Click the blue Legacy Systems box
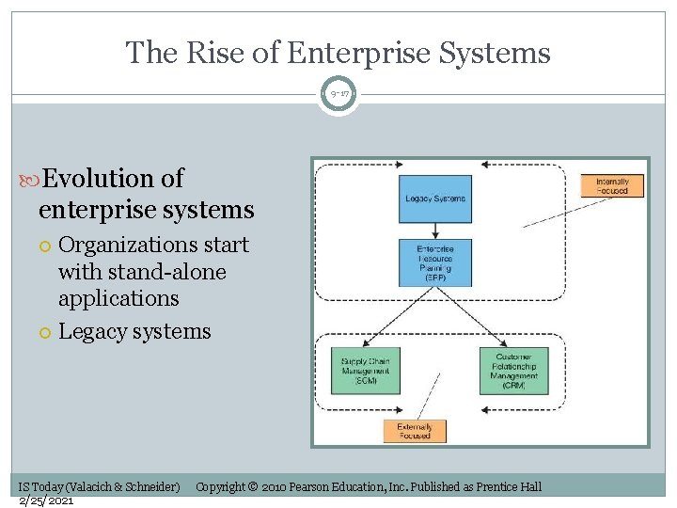point(435,198)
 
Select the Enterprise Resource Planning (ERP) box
point(435,262)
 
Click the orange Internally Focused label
point(612,185)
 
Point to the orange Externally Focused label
point(415,431)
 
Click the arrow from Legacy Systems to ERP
point(435,230)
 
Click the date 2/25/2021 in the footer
point(47,501)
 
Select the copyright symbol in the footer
point(253,487)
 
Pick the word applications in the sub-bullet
point(118,298)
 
